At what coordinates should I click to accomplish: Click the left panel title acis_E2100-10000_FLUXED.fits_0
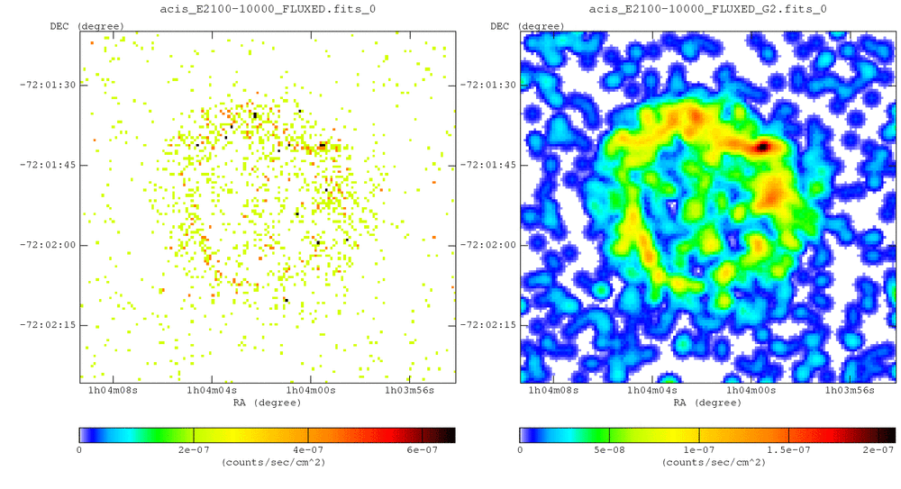pyautogui.click(x=267, y=9)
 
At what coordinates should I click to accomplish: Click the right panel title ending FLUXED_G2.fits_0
pyautogui.click(x=707, y=9)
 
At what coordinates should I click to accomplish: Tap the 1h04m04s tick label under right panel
pyautogui.click(x=651, y=391)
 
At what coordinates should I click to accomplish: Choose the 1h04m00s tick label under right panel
pyautogui.click(x=751, y=391)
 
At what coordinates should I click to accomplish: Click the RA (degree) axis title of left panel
pyautogui.click(x=267, y=403)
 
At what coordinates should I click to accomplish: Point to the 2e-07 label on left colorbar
pyautogui.click(x=194, y=449)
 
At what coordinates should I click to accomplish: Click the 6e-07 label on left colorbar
pyautogui.click(x=421, y=449)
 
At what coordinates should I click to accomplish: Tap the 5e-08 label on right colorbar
pyautogui.click(x=609, y=449)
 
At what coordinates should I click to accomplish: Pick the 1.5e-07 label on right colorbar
pyautogui.click(x=788, y=449)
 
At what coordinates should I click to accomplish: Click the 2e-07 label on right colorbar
pyautogui.click(x=877, y=449)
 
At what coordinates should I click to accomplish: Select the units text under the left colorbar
pyautogui.click(x=267, y=462)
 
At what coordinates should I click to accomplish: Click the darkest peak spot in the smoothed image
pyautogui.click(x=762, y=146)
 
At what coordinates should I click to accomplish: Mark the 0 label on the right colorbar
pyautogui.click(x=520, y=449)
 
